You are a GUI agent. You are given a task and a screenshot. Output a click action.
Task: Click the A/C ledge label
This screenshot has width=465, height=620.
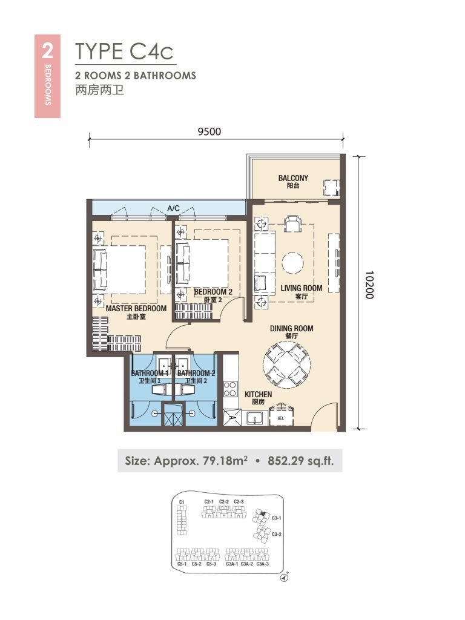174,209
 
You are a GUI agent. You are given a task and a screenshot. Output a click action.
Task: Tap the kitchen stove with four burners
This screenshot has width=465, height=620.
230,388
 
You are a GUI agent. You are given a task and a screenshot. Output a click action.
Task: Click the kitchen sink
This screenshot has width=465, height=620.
254,418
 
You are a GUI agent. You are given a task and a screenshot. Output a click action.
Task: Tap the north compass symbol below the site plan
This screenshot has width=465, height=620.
284,578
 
